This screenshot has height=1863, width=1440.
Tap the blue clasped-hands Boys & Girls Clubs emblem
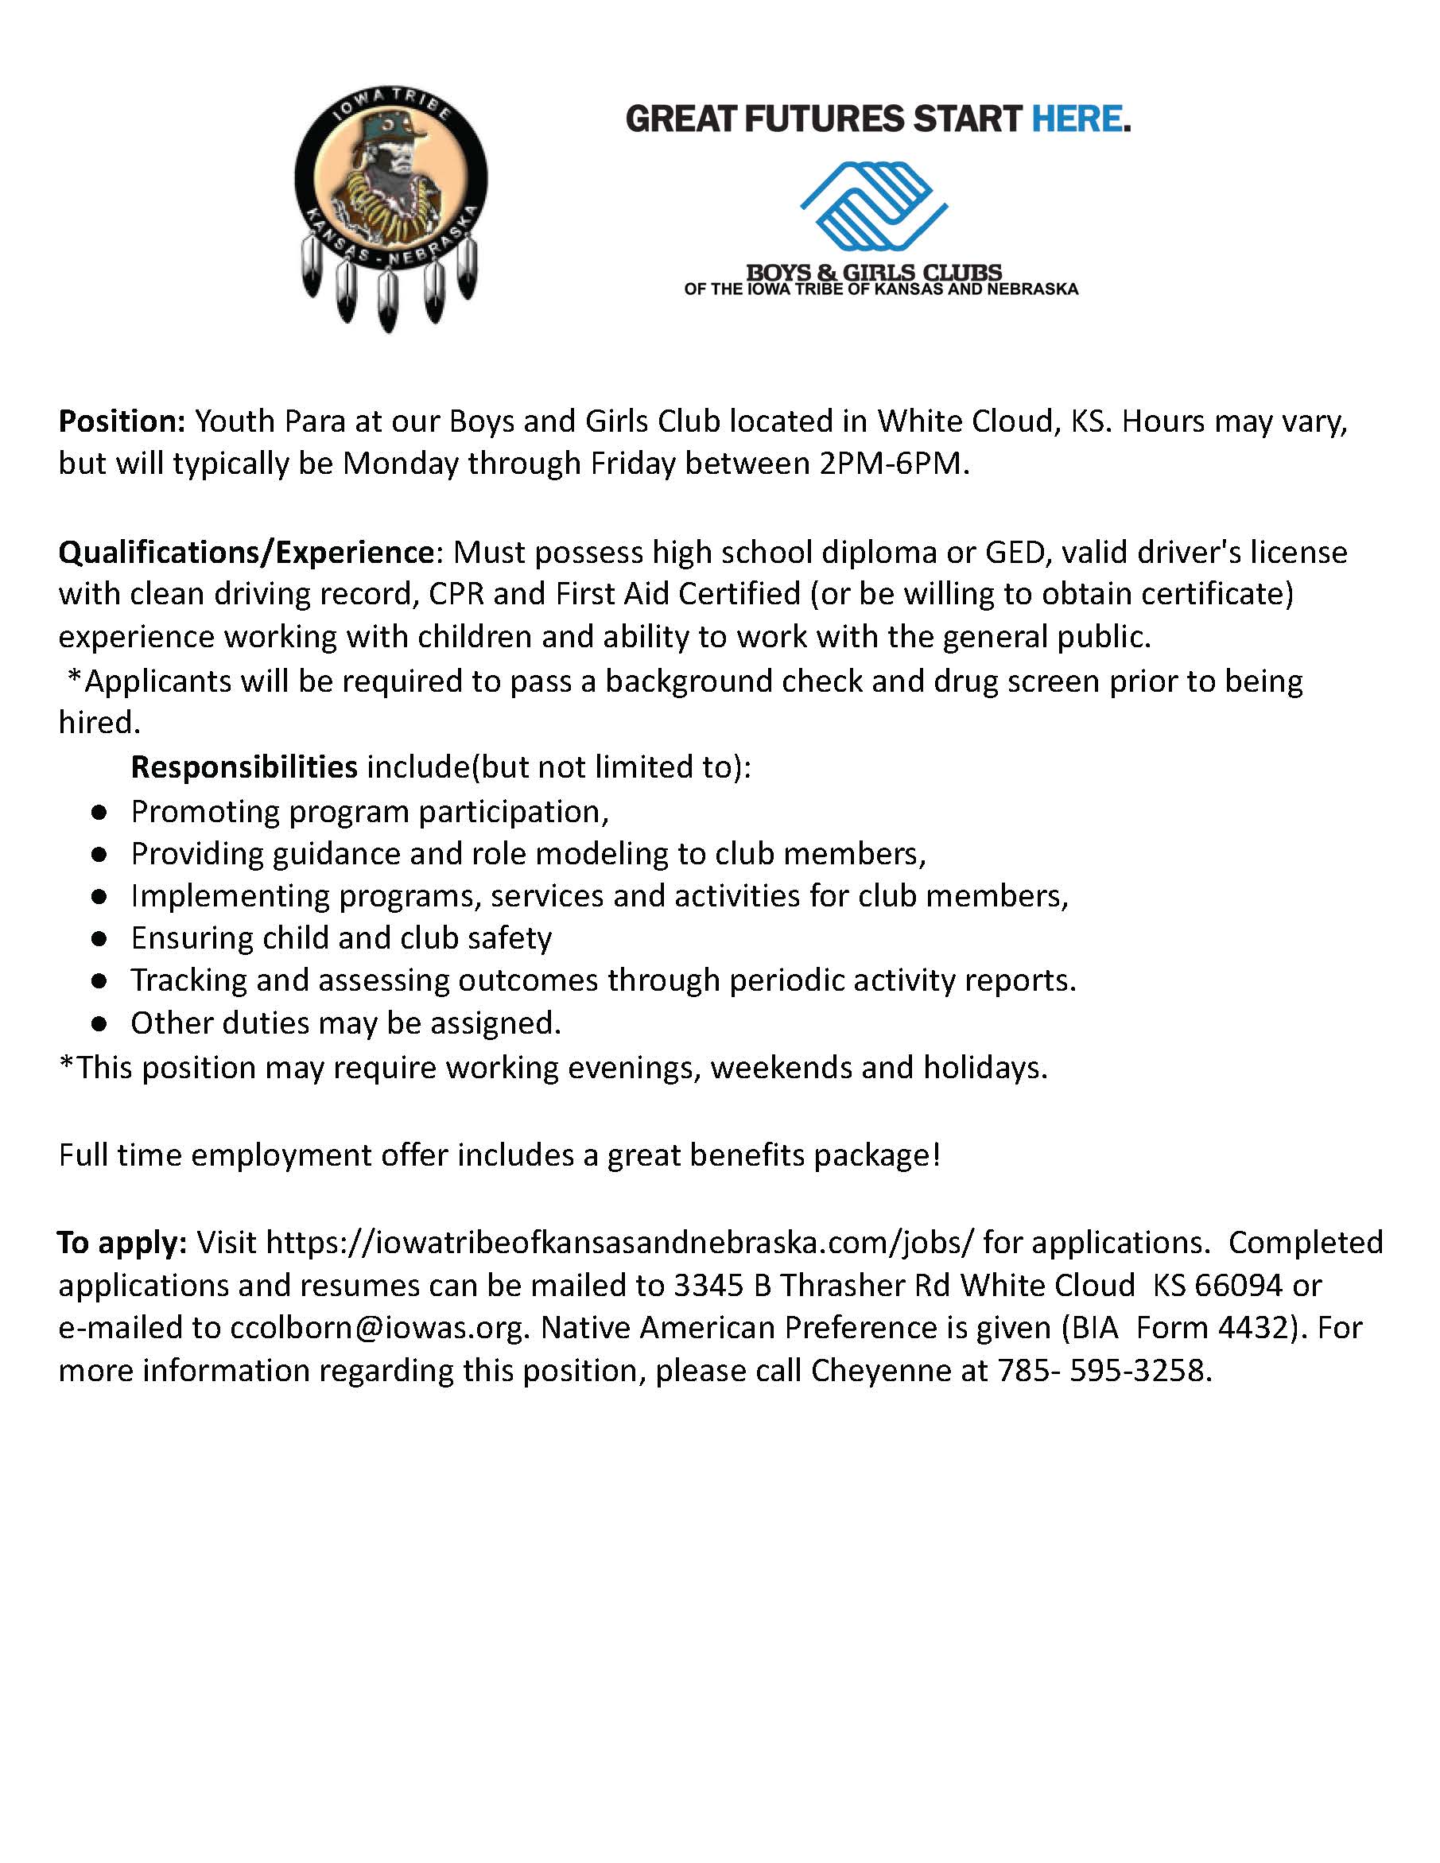tap(874, 208)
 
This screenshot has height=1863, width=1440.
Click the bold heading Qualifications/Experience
tap(246, 553)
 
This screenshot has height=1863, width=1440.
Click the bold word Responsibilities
tap(244, 767)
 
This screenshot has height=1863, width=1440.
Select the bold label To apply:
tap(122, 1243)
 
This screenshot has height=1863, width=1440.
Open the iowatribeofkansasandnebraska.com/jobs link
tap(619, 1243)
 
